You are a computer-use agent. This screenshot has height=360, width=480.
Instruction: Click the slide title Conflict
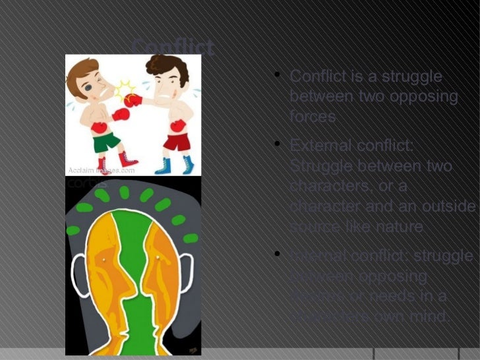pyautogui.click(x=172, y=47)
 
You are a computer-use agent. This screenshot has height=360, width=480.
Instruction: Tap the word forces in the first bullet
pyautogui.click(x=313, y=117)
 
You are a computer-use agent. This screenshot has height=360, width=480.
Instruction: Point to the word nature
pyautogui.click(x=400, y=227)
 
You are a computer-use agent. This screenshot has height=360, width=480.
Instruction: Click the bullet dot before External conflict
pyautogui.click(x=279, y=143)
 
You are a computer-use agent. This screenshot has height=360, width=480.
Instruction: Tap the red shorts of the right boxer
pyautogui.click(x=176, y=141)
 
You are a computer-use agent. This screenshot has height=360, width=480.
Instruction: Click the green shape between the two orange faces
pyautogui.click(x=133, y=264)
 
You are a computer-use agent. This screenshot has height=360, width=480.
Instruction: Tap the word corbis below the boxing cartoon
pyautogui.click(x=78, y=183)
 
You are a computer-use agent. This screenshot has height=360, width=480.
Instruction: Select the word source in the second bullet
pyautogui.click(x=313, y=227)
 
